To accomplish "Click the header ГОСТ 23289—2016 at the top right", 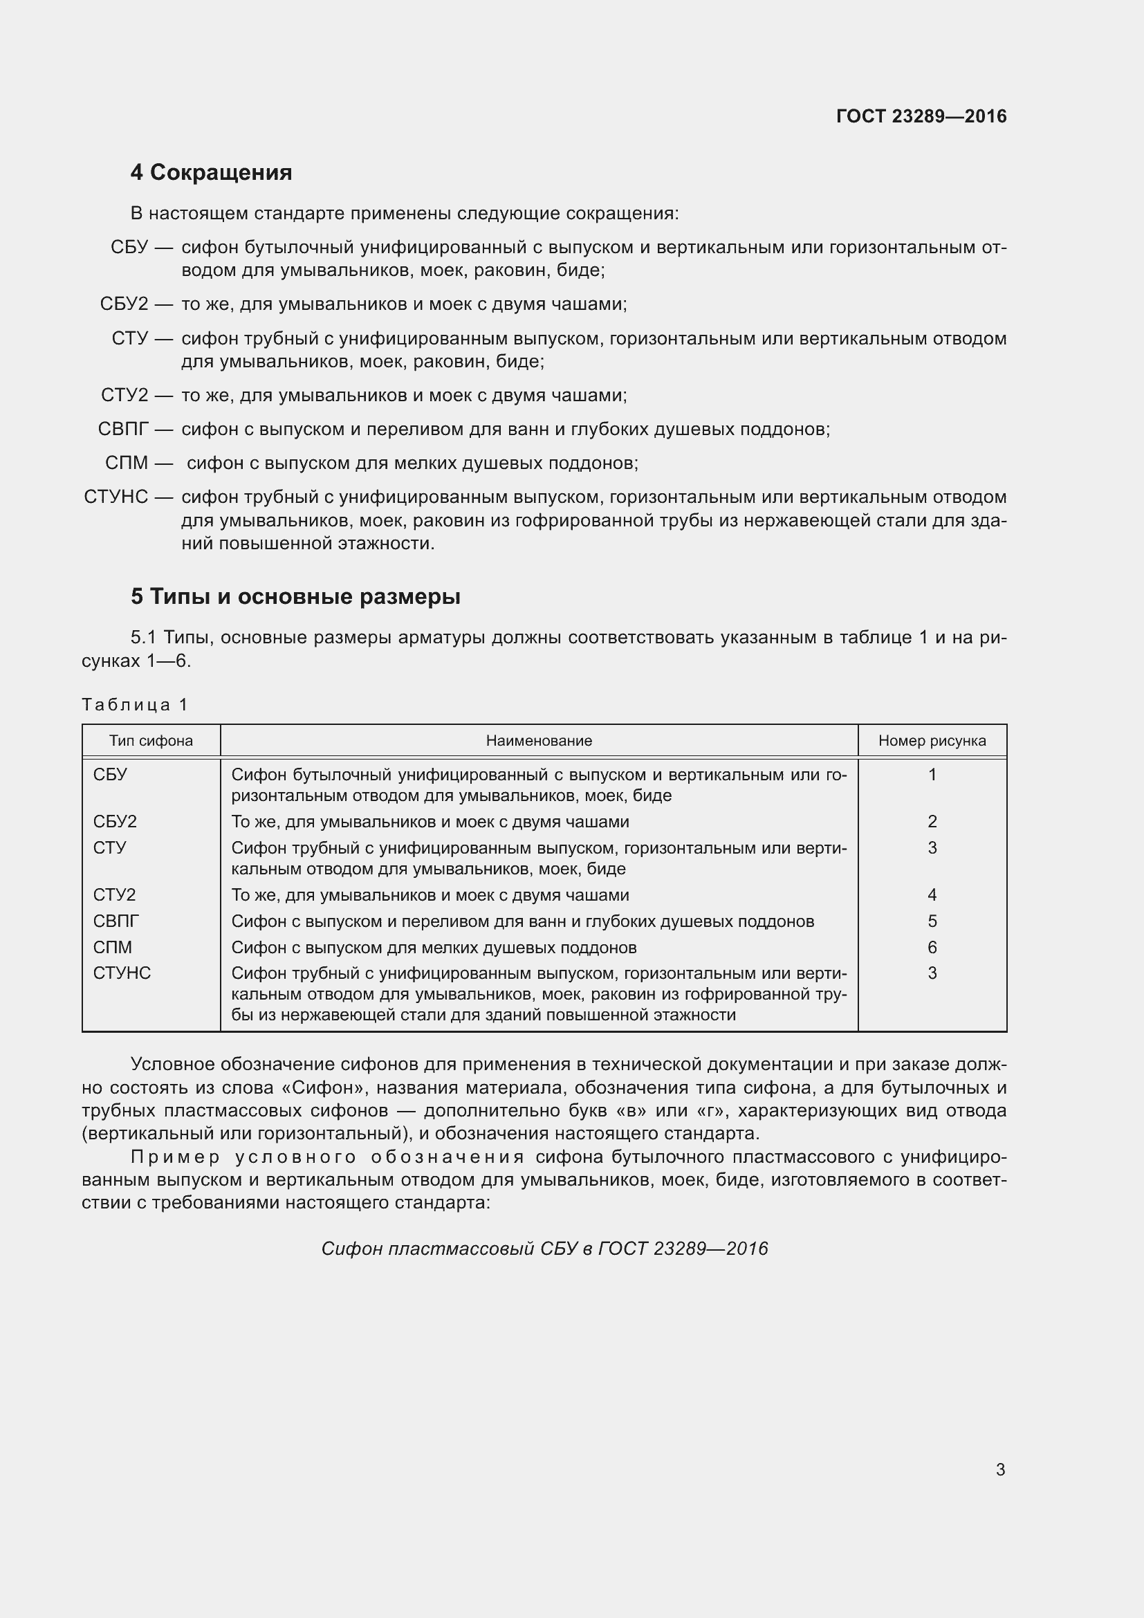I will (x=921, y=116).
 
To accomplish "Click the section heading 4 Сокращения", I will (x=211, y=173).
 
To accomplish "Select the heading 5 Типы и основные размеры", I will (x=295, y=597).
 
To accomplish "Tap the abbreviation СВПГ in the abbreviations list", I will (x=123, y=428).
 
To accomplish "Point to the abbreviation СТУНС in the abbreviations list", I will (x=116, y=497).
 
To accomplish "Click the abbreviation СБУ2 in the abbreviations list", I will (x=124, y=304).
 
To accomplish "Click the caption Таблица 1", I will (x=135, y=705).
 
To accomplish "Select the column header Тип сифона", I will (x=151, y=741).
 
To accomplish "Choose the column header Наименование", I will (x=539, y=741).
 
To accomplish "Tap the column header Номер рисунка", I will (x=931, y=741).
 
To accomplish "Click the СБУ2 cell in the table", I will (x=115, y=822).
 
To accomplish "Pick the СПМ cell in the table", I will (x=113, y=947).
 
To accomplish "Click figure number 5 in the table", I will (x=932, y=921).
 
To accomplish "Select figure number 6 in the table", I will (x=932, y=947).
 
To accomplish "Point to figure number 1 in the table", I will (x=932, y=775).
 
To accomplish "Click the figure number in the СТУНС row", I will (x=932, y=973).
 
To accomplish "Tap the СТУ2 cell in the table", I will (x=114, y=895).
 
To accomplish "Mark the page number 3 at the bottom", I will (x=1000, y=1470).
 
